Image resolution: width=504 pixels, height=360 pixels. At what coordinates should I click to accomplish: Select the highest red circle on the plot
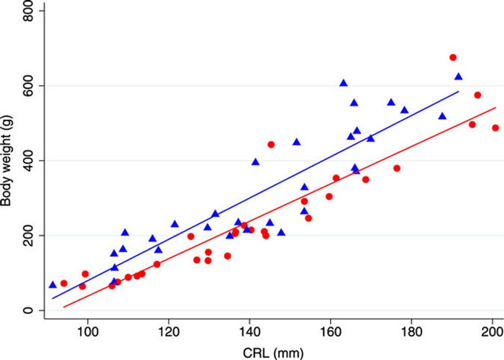click(x=453, y=58)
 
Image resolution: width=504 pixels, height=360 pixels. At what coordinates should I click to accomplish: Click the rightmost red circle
click(x=496, y=128)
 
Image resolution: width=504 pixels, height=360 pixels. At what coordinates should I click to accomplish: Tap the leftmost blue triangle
click(x=53, y=285)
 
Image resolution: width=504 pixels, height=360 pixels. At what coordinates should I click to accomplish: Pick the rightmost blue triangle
click(x=458, y=77)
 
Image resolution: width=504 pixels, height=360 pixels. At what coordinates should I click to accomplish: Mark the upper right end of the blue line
click(x=458, y=92)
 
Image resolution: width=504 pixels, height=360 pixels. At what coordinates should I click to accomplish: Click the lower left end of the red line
click(x=64, y=307)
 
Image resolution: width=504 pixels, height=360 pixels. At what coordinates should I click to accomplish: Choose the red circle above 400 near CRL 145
click(x=271, y=145)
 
